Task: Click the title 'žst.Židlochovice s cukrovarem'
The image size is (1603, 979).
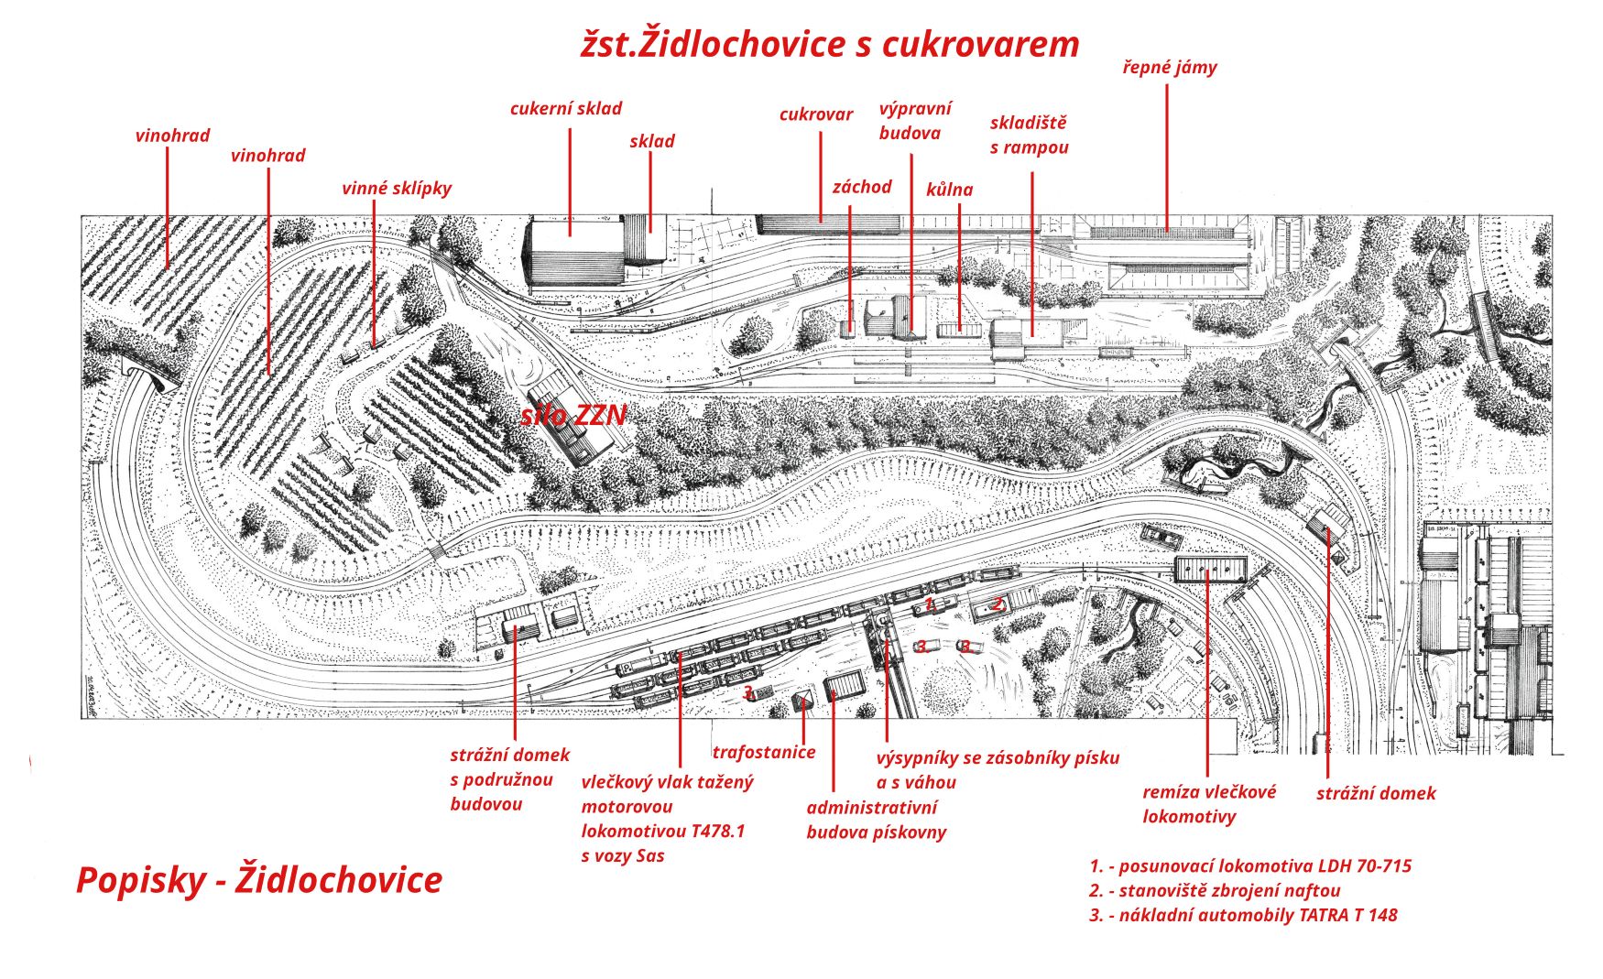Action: tap(830, 44)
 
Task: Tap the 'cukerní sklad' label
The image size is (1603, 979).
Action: tap(565, 109)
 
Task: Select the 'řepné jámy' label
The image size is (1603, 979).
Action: tap(1169, 67)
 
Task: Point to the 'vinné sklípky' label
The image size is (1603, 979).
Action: tap(396, 189)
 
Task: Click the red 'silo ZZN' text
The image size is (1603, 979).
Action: tap(573, 416)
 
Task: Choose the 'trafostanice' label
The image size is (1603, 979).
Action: tap(763, 752)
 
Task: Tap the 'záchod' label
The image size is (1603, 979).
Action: tap(861, 187)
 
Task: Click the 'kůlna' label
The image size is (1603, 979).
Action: tap(949, 190)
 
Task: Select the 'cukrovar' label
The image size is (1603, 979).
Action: tap(815, 114)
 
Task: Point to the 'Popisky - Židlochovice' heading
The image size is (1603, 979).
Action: tap(259, 880)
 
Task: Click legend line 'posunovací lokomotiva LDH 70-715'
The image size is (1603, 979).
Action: tap(1249, 866)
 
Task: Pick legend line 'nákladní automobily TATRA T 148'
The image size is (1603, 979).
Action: tap(1243, 915)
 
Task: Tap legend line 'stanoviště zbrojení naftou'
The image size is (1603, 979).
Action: tap(1215, 890)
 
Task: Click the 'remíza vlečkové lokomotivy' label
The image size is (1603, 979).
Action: tap(1208, 804)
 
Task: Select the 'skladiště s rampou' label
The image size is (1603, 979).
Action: tap(1029, 136)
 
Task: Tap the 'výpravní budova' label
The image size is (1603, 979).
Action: tap(914, 121)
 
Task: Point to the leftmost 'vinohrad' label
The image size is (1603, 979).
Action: tap(172, 136)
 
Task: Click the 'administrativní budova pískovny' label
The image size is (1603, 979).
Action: tap(875, 820)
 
